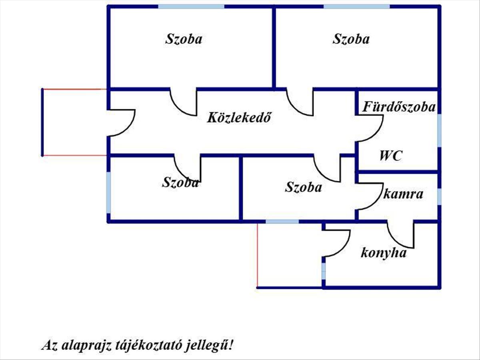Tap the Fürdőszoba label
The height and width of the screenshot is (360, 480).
[399, 107]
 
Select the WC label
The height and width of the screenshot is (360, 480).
[390, 156]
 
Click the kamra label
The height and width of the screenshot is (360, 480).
[403, 194]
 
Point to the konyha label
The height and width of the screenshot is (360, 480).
[384, 253]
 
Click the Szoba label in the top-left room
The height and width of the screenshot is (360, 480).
[184, 39]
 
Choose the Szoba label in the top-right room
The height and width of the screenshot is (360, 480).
[351, 39]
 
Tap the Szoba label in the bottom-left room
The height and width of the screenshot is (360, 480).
[180, 183]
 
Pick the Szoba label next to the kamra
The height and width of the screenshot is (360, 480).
[303, 187]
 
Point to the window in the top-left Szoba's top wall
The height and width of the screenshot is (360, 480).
[191, 6]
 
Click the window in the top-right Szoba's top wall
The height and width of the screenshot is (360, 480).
[356, 6]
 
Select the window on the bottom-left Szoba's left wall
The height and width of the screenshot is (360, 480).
[108, 192]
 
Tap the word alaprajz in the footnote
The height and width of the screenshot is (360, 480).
[84, 345]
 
